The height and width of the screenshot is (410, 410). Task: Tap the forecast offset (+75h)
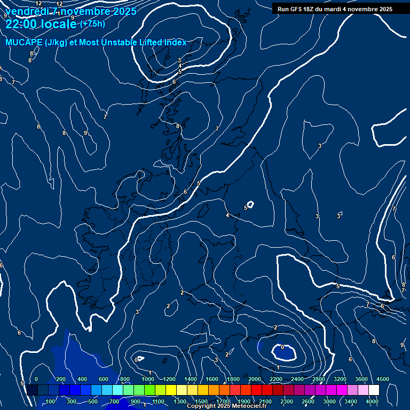click(x=92, y=23)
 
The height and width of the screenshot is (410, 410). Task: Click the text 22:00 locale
click(x=41, y=24)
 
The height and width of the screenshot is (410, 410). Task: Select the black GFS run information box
click(x=335, y=9)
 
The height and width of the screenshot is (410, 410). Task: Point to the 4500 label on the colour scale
click(x=382, y=379)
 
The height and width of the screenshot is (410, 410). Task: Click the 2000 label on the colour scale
click(x=254, y=379)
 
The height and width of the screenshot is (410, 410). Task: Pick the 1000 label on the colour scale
click(x=147, y=379)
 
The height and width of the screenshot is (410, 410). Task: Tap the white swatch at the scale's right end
click(x=374, y=390)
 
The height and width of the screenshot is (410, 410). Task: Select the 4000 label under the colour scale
click(x=372, y=401)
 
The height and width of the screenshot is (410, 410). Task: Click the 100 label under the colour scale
click(x=51, y=401)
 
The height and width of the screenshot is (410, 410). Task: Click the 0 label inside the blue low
click(x=282, y=348)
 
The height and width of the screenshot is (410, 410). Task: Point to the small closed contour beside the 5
click(x=250, y=204)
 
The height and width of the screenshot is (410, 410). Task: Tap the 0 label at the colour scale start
click(x=36, y=379)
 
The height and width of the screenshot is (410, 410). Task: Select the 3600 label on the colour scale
click(x=361, y=379)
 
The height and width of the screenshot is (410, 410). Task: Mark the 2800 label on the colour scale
click(x=318, y=379)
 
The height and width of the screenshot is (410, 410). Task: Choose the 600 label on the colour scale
click(x=104, y=379)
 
